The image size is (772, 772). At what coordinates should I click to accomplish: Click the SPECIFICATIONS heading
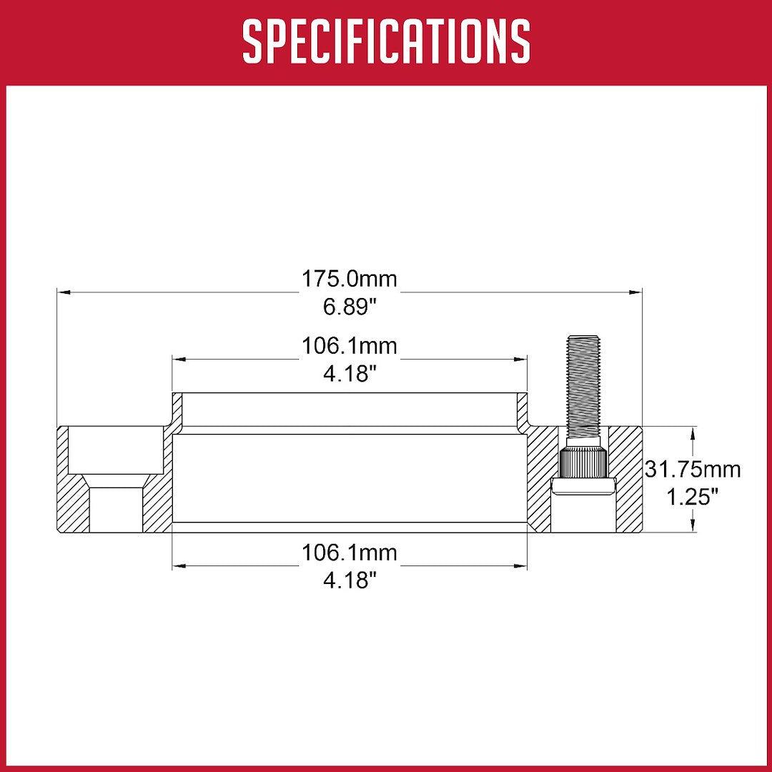point(386,41)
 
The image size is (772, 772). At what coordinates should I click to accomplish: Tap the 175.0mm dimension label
point(350,279)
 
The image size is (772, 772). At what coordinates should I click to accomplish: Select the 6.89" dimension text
point(350,307)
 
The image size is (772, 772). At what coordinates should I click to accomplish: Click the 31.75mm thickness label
point(693,470)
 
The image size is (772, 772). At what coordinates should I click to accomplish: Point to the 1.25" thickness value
point(693,497)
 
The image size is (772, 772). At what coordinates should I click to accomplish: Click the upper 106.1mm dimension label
point(350,346)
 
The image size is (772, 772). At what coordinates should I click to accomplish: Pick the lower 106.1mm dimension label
point(350,553)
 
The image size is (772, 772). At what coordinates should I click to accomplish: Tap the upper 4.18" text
point(350,374)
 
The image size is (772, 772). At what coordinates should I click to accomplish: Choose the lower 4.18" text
point(350,580)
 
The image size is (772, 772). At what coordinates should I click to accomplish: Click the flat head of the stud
point(584,487)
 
